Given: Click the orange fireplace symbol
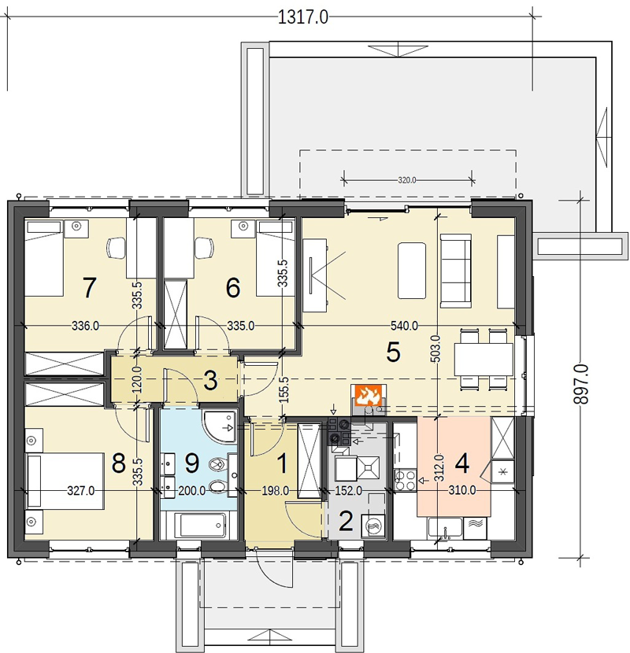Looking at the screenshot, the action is [x=369, y=395].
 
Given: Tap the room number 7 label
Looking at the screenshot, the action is [x=89, y=288].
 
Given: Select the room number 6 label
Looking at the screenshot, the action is [x=232, y=288].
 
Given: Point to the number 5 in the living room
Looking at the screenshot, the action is [x=393, y=352].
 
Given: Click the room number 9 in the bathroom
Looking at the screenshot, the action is [x=192, y=463].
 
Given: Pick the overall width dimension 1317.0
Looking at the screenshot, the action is [x=302, y=17].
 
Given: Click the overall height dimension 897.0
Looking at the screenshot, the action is [x=581, y=384].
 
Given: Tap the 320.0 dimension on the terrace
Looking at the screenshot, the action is [x=407, y=180].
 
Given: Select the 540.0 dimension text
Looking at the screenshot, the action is [x=404, y=326].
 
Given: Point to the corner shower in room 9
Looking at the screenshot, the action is [x=219, y=426].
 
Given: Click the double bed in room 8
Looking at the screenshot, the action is [x=65, y=481].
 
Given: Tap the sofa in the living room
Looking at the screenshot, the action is [x=456, y=271].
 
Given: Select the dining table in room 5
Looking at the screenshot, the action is [x=484, y=360].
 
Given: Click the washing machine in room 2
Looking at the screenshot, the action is [x=373, y=526].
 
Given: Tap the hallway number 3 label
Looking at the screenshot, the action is [x=210, y=381].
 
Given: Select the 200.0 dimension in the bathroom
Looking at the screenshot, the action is [x=192, y=491].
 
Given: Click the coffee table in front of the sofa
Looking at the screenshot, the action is [x=412, y=271].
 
